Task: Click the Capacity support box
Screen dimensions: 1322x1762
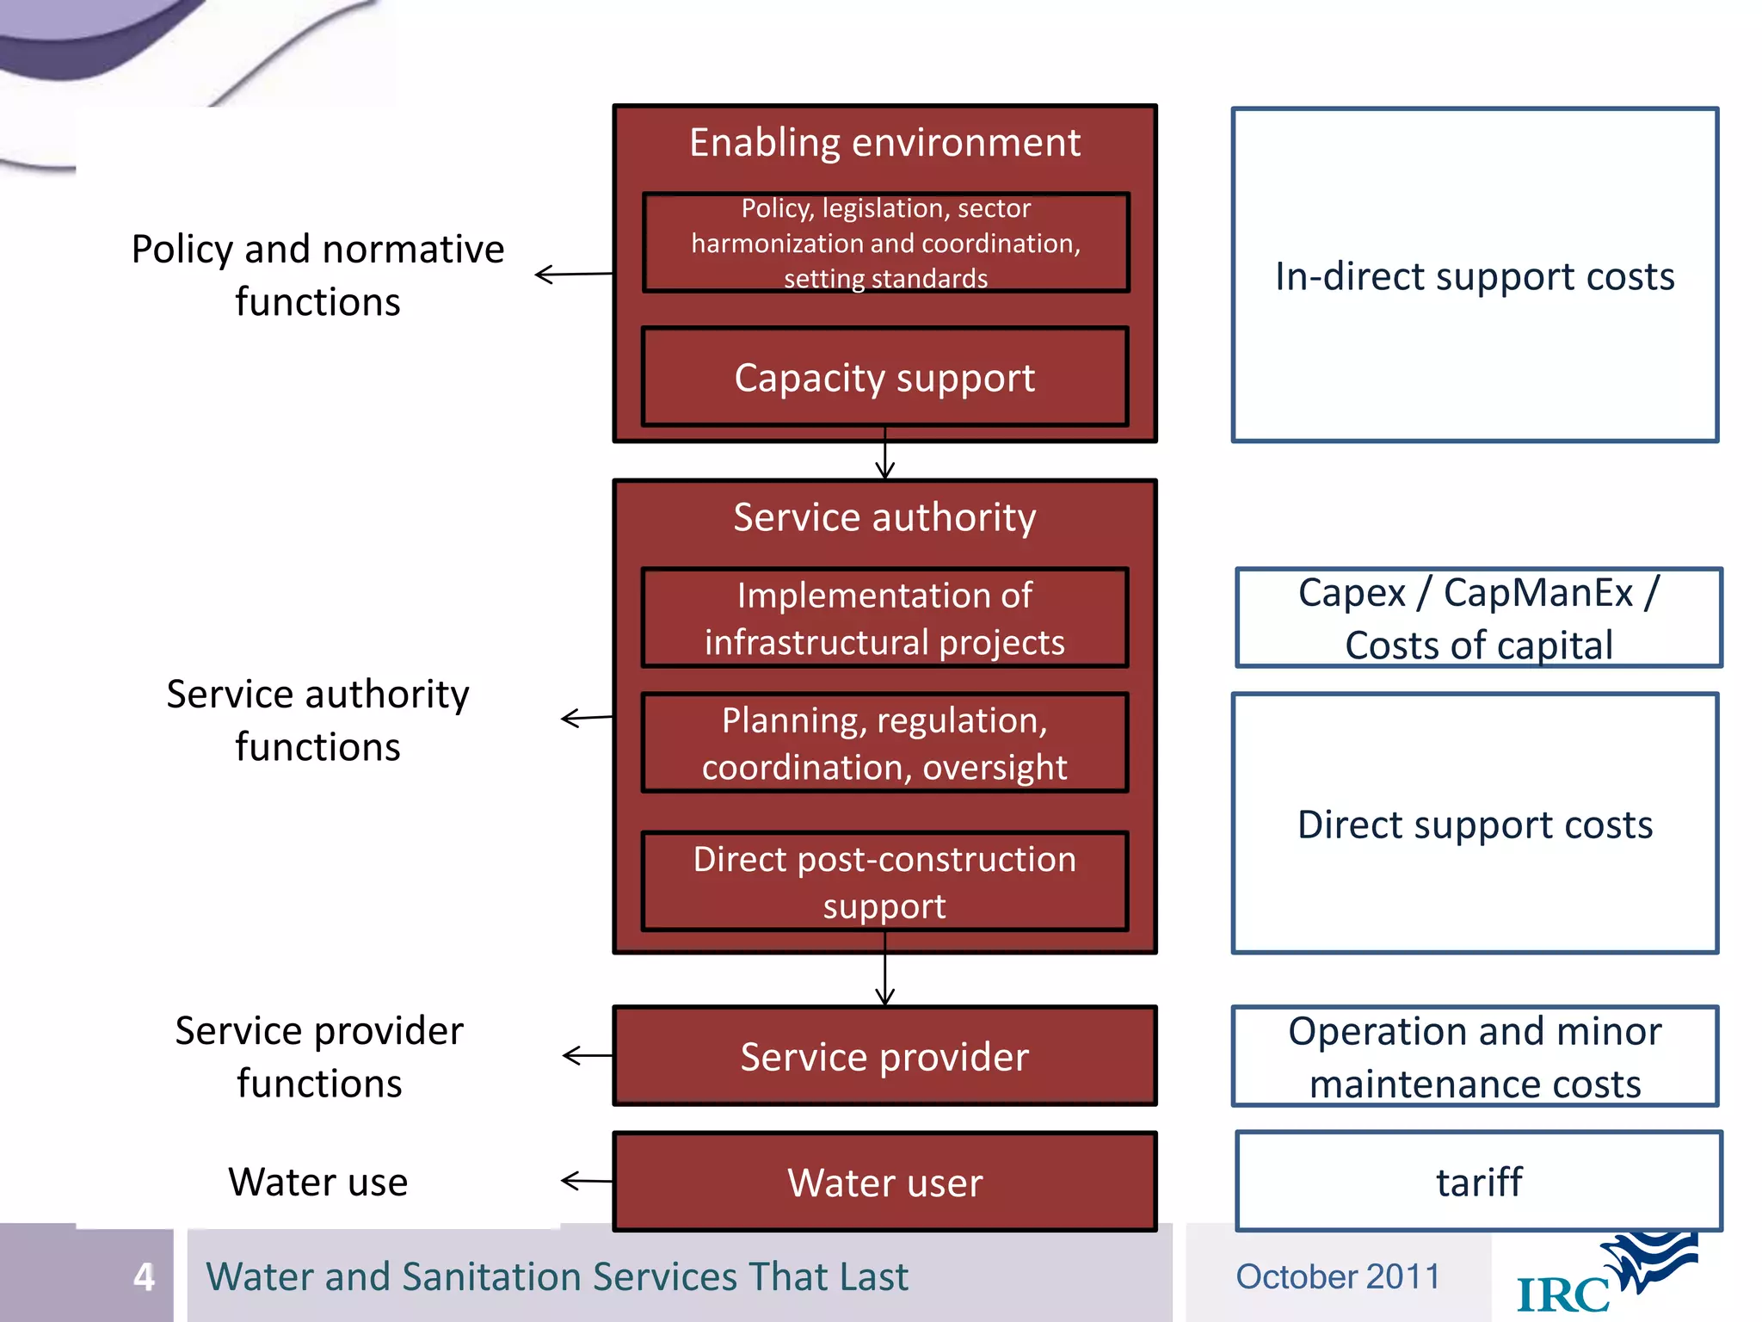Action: click(x=884, y=377)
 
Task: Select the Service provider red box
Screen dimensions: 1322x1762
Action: click(x=884, y=1056)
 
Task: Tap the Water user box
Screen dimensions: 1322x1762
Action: click(x=884, y=1182)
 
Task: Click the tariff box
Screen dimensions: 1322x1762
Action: click(x=1478, y=1182)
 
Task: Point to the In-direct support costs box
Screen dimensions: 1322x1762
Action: click(x=1475, y=275)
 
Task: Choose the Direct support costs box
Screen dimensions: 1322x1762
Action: click(x=1475, y=824)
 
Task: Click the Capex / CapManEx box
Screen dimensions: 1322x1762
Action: click(x=1478, y=618)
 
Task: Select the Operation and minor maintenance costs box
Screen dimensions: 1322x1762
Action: click(x=1475, y=1056)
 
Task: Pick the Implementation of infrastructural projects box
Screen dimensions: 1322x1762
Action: click(x=884, y=618)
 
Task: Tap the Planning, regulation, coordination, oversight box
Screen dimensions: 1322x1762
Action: click(x=884, y=743)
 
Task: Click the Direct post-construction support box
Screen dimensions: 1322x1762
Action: click(x=884, y=881)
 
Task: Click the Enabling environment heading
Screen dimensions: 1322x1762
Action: click(x=884, y=143)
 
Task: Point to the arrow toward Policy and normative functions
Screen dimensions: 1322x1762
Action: click(x=573, y=275)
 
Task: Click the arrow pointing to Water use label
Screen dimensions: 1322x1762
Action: click(x=586, y=1181)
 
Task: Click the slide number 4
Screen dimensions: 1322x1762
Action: click(x=144, y=1276)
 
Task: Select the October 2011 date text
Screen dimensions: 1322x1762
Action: click(x=1337, y=1276)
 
